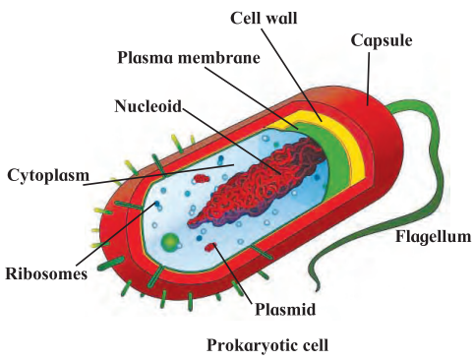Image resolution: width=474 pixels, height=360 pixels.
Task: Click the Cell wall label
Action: point(264,18)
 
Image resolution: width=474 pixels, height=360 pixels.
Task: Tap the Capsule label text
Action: point(382,41)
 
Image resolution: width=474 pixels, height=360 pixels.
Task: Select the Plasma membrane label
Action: point(189,58)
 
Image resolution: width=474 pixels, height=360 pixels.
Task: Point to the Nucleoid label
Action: point(148,106)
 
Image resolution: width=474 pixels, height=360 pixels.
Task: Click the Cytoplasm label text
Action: point(48,175)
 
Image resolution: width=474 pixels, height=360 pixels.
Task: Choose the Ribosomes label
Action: point(46,273)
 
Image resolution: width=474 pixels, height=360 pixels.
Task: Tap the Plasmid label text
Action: point(285,309)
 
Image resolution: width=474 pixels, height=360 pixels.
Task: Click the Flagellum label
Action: point(433,236)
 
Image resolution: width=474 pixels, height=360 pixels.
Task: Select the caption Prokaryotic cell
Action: point(267,345)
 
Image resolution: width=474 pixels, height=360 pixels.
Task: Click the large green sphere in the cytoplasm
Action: point(170,242)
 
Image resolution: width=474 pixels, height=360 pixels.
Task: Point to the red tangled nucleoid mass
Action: point(259,184)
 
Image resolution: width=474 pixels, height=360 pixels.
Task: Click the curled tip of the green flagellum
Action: point(317,288)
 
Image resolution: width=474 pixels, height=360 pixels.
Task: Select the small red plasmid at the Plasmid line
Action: point(210,247)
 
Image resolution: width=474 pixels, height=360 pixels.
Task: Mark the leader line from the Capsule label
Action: point(369,79)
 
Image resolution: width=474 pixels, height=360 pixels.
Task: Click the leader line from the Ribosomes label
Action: point(115,234)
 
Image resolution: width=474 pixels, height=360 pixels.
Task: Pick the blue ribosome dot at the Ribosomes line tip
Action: point(157,204)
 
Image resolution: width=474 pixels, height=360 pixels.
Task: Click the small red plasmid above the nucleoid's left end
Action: point(202,178)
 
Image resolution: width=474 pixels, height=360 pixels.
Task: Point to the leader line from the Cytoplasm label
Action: point(158,174)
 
